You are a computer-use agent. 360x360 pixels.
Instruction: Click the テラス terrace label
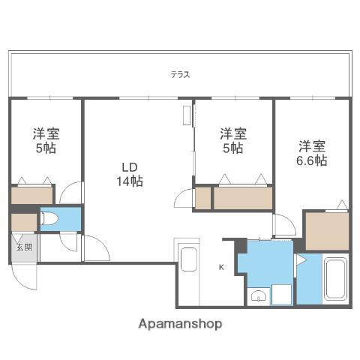tap(179, 74)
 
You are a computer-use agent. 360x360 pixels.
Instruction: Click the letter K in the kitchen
tap(221, 267)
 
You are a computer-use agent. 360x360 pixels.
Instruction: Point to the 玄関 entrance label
tap(23, 247)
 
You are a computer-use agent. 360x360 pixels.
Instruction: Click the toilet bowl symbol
tap(51, 219)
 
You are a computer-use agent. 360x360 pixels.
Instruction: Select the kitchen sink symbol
tap(189, 264)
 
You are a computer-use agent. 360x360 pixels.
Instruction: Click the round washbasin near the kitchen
tap(259, 295)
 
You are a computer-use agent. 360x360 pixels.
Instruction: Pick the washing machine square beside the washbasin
tap(281, 295)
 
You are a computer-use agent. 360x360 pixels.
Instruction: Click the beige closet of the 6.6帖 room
tap(327, 231)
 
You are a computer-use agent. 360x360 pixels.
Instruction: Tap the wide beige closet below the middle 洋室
tap(242, 199)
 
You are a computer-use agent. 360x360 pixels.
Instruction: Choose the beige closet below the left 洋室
tap(31, 196)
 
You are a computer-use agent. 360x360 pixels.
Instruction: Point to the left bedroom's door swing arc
tap(70, 193)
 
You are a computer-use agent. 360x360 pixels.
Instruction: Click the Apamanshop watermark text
tap(180, 325)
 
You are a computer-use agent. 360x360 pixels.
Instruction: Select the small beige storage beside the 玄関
tap(23, 223)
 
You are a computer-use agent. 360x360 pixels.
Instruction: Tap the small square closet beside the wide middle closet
tap(203, 199)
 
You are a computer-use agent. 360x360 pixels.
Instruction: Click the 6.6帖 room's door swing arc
tap(284, 226)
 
